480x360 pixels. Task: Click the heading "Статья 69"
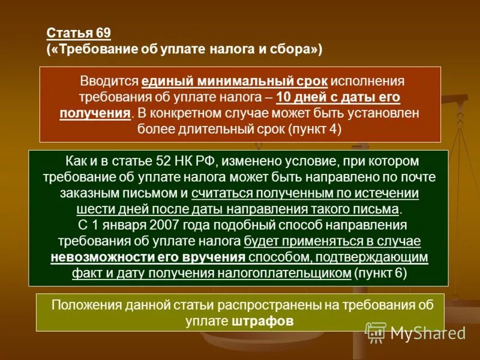coord(79,32)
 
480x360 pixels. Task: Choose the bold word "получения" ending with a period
coord(95,113)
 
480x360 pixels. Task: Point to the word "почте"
coord(419,178)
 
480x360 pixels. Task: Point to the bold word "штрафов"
coord(262,320)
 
